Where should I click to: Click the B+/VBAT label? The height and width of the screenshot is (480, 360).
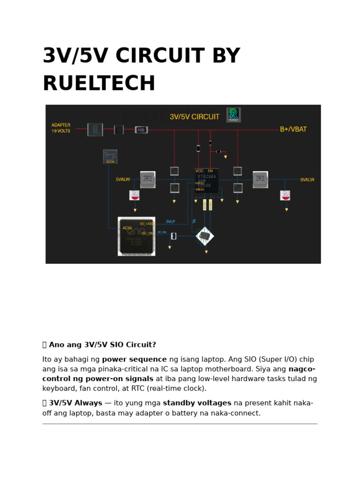293,129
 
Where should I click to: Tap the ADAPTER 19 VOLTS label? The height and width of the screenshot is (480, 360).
61,128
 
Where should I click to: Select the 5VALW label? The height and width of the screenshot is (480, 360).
123,180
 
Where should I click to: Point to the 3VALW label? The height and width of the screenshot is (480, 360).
307,180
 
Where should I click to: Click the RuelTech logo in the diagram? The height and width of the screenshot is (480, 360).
233,115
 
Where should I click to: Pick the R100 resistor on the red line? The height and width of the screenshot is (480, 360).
141,130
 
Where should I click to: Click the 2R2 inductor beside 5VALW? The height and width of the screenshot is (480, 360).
148,179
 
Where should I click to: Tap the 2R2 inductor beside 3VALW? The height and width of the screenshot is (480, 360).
260,179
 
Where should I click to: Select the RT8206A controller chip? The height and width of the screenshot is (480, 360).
207,180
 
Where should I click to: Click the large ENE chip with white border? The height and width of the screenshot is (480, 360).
136,236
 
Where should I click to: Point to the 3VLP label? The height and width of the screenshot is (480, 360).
170,221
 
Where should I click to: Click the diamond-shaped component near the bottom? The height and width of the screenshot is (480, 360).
205,236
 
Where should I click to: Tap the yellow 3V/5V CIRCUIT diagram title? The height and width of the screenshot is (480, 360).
194,117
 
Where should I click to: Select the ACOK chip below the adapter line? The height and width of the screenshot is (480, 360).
110,156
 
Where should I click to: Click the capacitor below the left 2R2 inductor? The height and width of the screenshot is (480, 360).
135,195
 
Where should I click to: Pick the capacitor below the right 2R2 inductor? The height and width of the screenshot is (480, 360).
285,195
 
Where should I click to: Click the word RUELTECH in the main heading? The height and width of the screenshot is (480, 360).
99,84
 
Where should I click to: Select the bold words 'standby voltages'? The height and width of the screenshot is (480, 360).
197,403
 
